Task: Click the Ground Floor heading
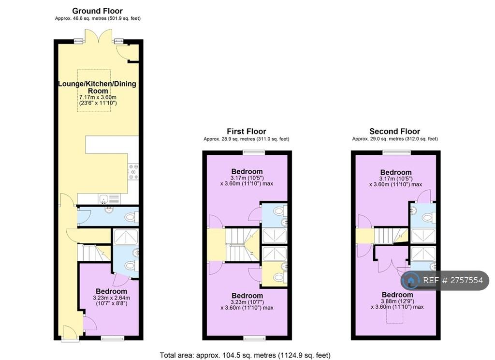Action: coord(97,11)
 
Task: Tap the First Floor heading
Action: coord(247,131)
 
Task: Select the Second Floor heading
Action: coord(394,131)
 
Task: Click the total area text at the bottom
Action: coord(245,355)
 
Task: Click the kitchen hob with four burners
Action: coord(133,172)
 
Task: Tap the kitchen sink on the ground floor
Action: coord(109,199)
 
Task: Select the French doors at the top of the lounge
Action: coord(99,36)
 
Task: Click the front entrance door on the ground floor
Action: coord(71,333)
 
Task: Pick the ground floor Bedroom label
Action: coord(112,291)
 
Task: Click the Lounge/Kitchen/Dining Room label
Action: coord(97,87)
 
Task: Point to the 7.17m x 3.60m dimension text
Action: coord(98,97)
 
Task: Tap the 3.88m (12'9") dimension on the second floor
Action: coord(397,301)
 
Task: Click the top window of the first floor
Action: coord(254,152)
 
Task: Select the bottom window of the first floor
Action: coord(254,339)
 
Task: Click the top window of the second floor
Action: coord(397,152)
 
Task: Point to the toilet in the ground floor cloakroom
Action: coord(131,217)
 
